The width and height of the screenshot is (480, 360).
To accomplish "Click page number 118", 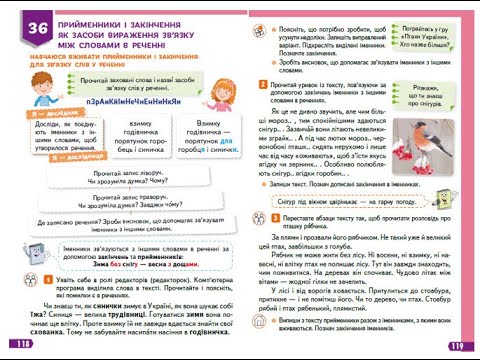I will tap(19, 342).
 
